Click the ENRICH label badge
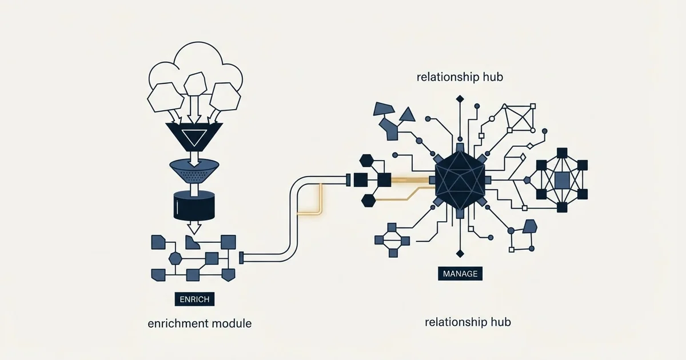point(194,299)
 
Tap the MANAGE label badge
point(460,273)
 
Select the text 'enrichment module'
point(200,323)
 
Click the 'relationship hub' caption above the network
point(460,77)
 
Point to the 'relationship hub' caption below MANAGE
point(468,322)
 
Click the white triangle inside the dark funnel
point(194,137)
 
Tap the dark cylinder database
point(194,205)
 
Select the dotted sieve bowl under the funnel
point(194,171)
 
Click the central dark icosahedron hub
point(460,180)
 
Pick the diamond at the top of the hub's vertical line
point(460,99)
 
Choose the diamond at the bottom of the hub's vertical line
point(460,254)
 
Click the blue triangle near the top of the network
point(407,115)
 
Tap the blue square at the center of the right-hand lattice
point(562,179)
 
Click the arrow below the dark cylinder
point(194,227)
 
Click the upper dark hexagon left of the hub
point(366,161)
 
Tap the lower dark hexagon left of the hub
point(368,201)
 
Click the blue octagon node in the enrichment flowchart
point(176,259)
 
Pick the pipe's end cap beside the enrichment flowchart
point(241,258)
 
